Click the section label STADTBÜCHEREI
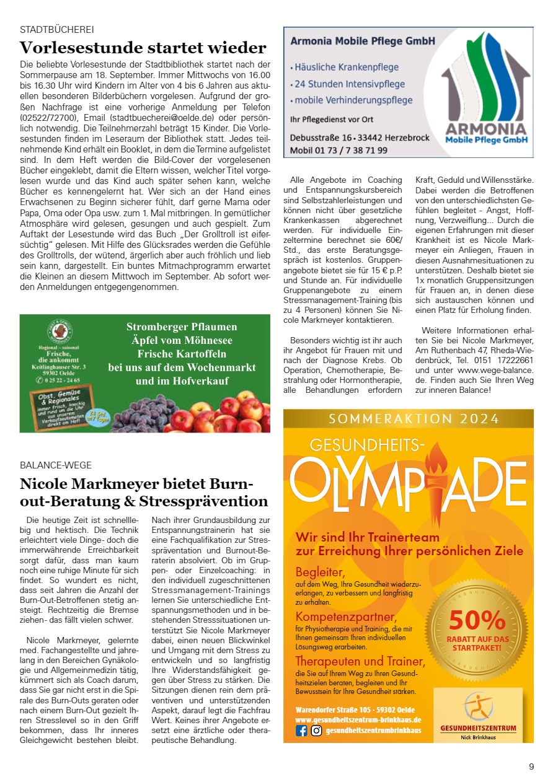point(57,30)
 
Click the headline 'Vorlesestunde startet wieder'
point(143,48)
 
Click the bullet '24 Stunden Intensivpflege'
point(350,84)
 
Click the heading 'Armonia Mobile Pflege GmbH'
point(363,42)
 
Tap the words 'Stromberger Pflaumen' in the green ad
point(182,327)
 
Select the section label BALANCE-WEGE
point(56,465)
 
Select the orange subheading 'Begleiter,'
point(319,571)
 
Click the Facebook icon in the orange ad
point(302,731)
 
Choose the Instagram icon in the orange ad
point(316,731)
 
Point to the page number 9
point(531,767)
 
